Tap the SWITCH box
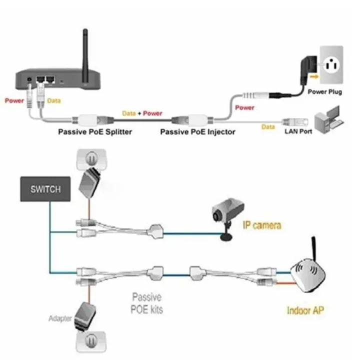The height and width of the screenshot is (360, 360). [x=45, y=189]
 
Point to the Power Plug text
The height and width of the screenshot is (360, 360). [x=324, y=92]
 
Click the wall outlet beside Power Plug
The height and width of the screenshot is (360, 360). [x=331, y=65]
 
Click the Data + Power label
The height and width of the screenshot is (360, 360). [x=142, y=113]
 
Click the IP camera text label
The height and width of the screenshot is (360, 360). [x=262, y=226]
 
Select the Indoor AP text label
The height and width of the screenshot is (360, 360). [x=305, y=310]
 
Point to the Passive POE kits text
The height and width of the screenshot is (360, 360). [x=147, y=302]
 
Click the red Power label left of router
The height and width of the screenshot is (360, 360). [x=14, y=100]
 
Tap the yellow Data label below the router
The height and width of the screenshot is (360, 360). [x=54, y=100]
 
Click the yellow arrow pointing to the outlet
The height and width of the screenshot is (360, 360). [x=314, y=76]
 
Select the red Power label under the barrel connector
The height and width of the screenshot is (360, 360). [x=244, y=107]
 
